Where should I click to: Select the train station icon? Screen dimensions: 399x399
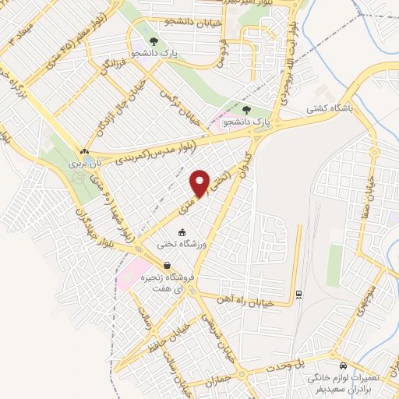coord(298,294)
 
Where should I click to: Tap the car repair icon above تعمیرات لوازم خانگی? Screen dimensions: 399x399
coord(342,365)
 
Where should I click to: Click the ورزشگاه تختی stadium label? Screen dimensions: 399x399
coord(181,244)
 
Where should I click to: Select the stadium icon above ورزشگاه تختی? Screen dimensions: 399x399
coord(182,232)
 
